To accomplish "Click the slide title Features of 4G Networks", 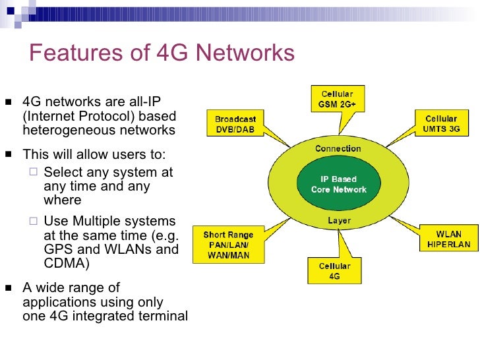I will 162,53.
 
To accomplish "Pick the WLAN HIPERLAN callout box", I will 448,239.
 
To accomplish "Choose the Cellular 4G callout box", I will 334,271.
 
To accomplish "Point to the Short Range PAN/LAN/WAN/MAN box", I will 226,245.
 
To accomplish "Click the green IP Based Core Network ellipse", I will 338,185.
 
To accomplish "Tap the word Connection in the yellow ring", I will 338,149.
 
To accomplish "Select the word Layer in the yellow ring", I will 339,221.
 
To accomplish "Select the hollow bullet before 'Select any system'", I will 34,173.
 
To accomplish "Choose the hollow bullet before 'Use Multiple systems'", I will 34,222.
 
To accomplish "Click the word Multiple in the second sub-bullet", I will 100,221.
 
